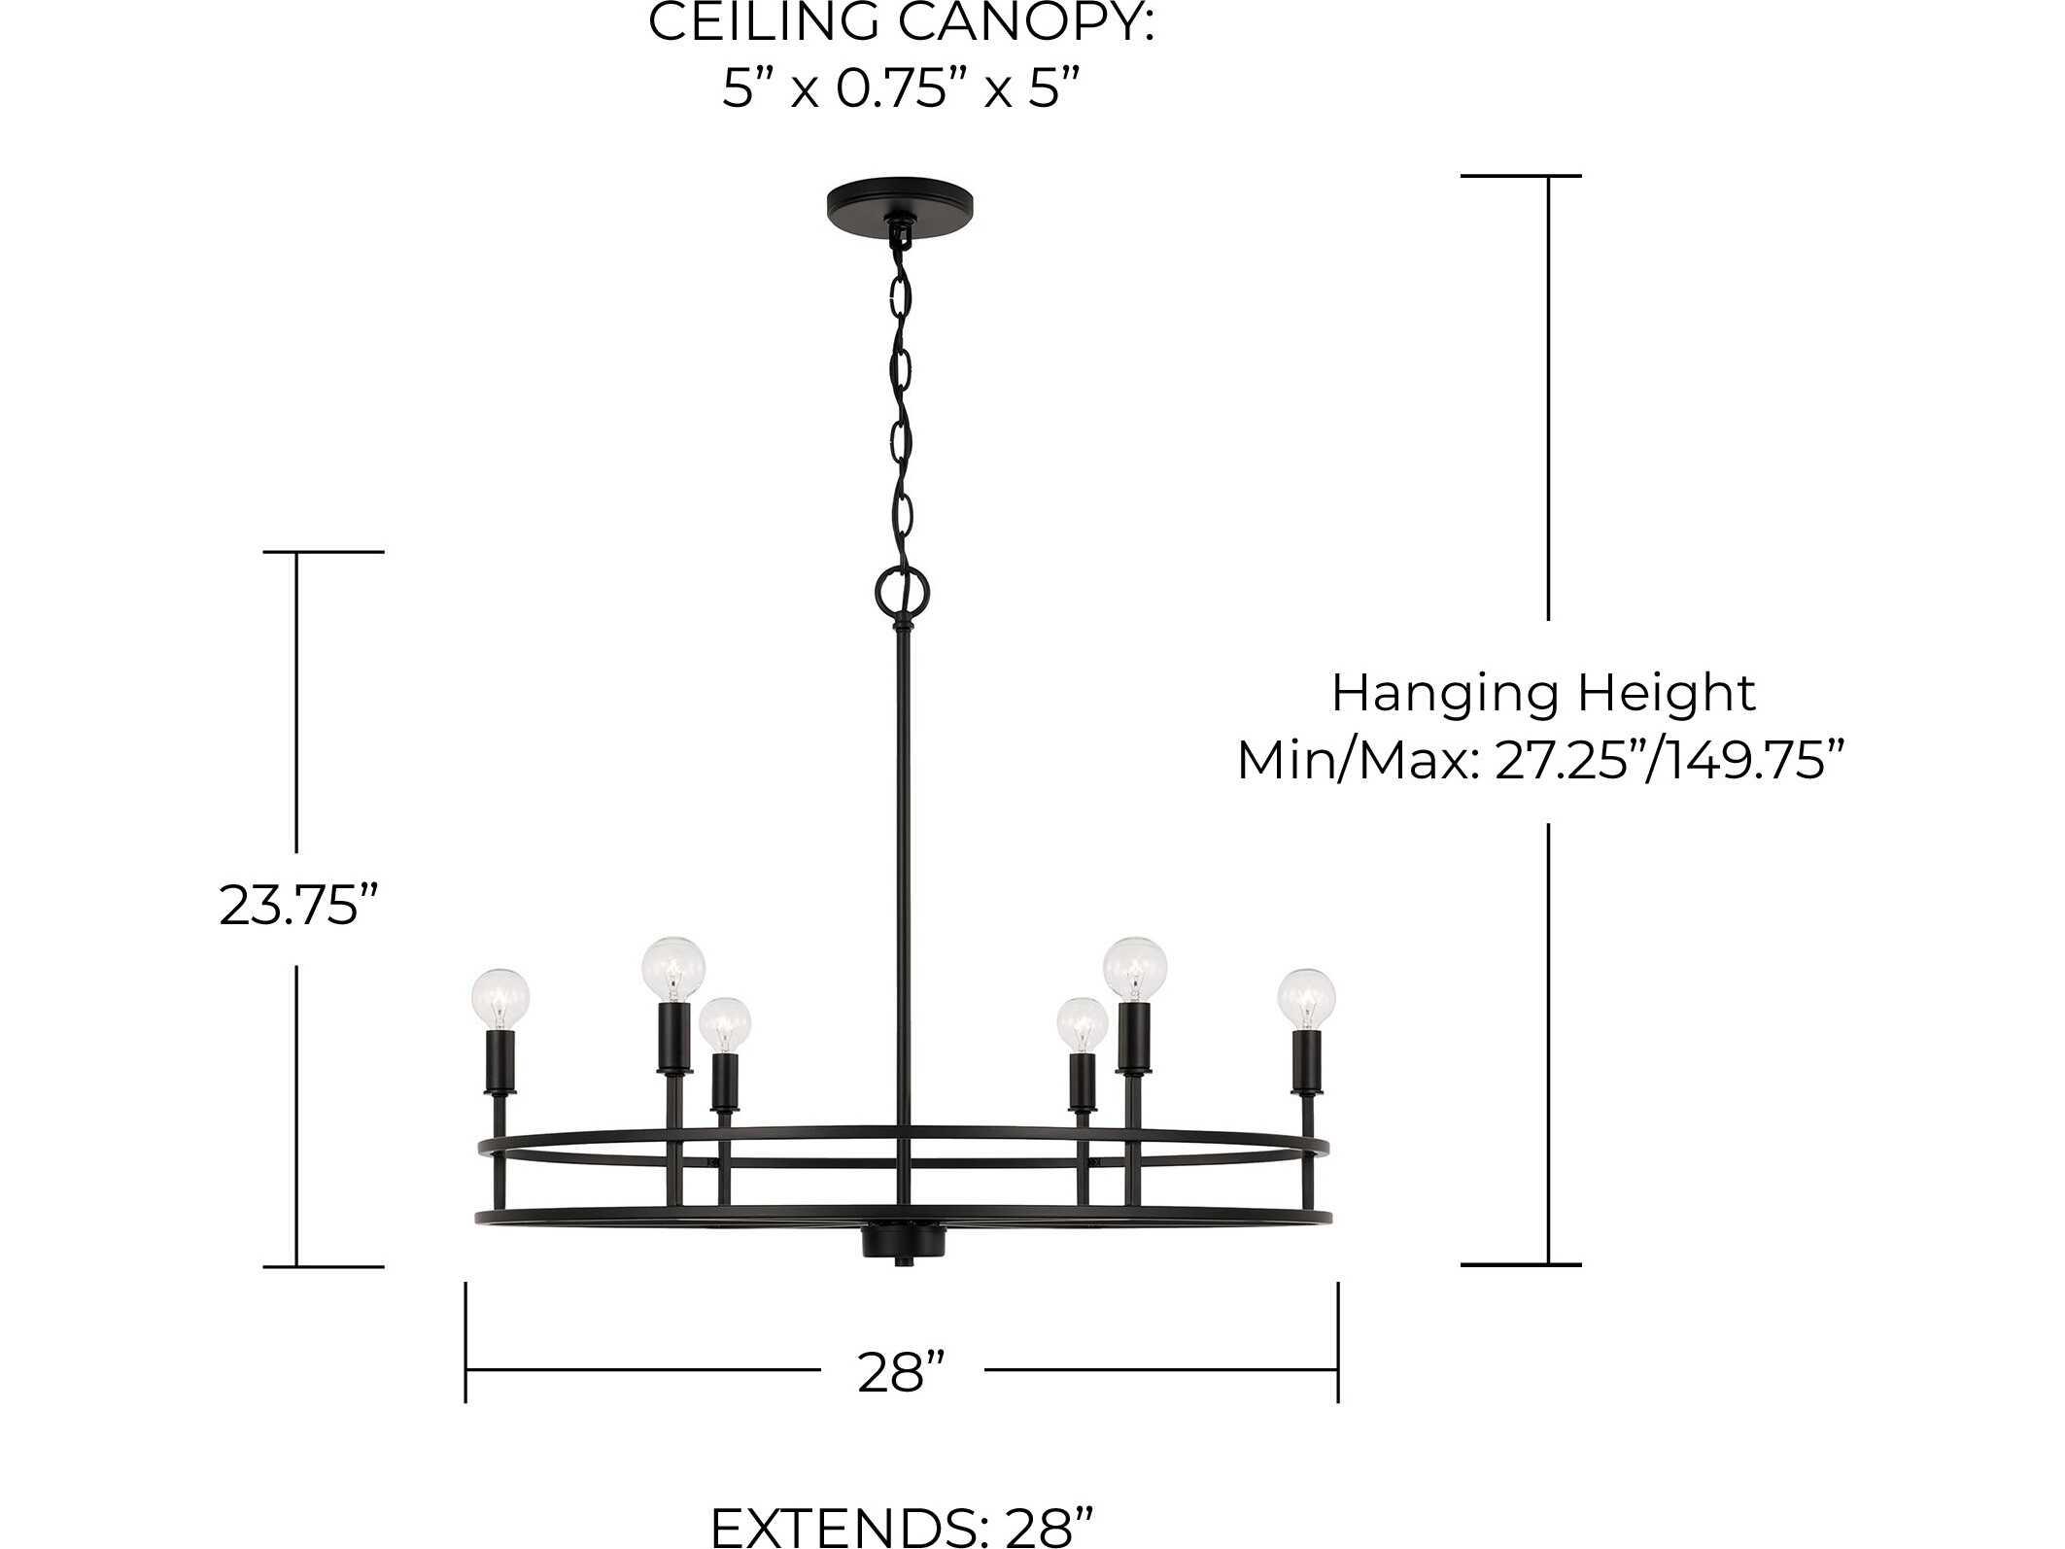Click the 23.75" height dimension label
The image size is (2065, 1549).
[296, 906]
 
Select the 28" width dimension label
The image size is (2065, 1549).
[901, 1372]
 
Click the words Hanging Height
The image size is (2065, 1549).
[1542, 694]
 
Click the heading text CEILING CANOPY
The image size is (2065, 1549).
[901, 23]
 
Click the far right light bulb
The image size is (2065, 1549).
[1306, 995]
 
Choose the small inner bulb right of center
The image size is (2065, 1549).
[1082, 1024]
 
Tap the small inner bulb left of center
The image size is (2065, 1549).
[725, 1024]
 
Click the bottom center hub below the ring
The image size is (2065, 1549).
[904, 1243]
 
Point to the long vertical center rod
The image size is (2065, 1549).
[904, 875]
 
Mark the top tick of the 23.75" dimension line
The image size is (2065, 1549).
[324, 552]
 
